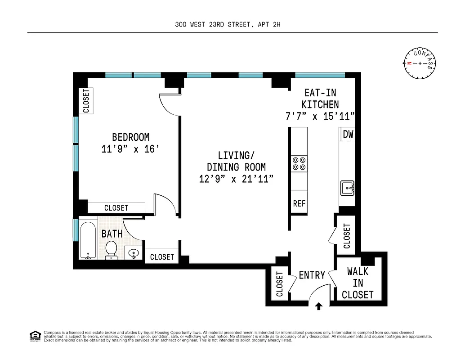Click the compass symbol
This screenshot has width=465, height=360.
tap(420, 63)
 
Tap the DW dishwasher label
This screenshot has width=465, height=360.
tap(348, 134)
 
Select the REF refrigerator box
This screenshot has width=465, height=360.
tap(299, 203)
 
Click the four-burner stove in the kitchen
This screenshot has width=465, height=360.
tap(299, 163)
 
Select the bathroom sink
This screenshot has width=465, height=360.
tap(134, 254)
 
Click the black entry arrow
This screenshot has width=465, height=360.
tap(319, 306)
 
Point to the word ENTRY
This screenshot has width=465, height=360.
tap(312, 275)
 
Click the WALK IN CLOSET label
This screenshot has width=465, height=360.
tap(358, 283)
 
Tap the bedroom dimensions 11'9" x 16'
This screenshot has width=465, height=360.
tap(130, 148)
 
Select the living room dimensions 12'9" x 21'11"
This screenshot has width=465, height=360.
tap(237, 179)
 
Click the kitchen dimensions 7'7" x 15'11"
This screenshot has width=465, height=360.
tap(320, 116)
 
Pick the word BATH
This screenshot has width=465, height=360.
tap(112, 234)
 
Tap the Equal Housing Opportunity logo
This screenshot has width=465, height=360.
tap(34, 335)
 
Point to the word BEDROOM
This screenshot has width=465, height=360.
tap(130, 137)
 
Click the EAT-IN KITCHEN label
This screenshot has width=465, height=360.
tap(320, 99)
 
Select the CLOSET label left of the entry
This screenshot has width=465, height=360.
tap(279, 283)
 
